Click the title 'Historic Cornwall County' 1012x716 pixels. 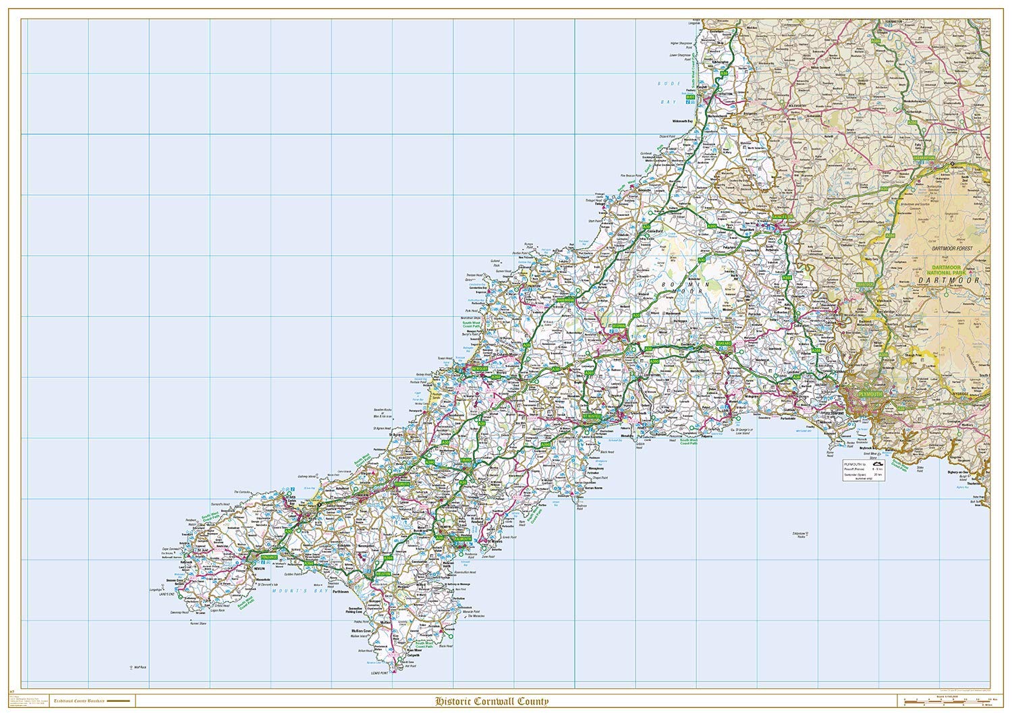pos(492,701)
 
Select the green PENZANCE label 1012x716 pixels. pos(260,557)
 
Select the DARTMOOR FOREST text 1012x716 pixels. pos(947,249)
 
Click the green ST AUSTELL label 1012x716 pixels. pos(592,417)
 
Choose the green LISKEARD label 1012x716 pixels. pos(723,343)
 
